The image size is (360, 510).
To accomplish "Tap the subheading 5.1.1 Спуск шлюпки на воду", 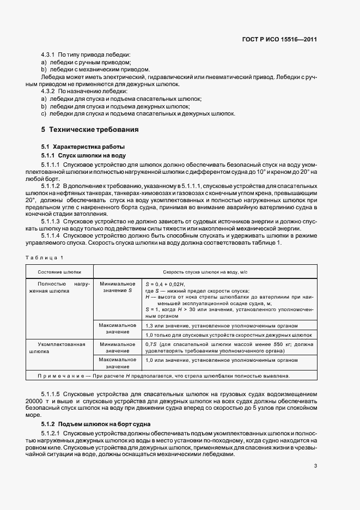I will [81, 155].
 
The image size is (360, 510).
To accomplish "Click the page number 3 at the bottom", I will [315, 466].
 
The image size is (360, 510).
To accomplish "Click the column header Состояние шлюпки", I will [59, 271].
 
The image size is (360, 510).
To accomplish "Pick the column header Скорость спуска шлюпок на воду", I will [205, 271].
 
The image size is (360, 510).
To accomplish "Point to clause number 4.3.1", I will [50, 55].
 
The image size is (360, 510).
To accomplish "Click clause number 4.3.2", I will [50, 92].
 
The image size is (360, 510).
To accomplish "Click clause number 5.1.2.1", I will [52, 433].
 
